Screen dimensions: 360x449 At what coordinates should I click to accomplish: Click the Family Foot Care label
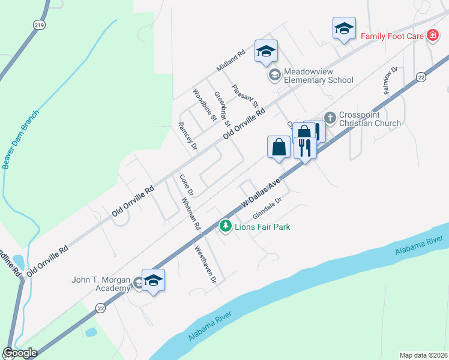392,36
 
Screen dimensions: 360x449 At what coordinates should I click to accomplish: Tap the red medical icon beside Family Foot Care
432,36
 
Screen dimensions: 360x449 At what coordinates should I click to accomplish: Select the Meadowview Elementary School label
318,75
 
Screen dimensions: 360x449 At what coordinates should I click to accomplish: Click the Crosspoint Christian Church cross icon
329,117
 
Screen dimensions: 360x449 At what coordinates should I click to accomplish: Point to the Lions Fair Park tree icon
226,227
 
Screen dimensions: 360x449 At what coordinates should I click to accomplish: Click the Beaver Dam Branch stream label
21,139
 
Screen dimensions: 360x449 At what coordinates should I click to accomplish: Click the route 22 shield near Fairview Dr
421,77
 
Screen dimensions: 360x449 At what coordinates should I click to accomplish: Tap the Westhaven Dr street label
205,264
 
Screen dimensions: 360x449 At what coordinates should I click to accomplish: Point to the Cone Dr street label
185,185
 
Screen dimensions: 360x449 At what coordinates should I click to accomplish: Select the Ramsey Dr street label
188,135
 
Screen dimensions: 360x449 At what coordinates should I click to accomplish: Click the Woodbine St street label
204,106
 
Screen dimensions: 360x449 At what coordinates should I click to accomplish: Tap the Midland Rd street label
231,61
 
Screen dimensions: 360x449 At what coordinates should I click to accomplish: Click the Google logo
20,353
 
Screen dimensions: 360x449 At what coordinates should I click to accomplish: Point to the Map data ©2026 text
423,355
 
